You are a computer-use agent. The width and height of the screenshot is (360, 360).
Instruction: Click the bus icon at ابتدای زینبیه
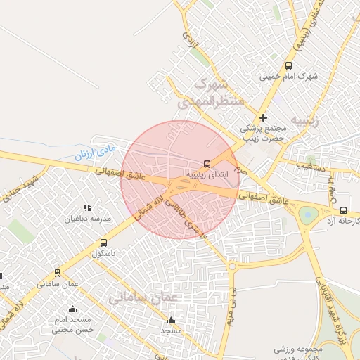[207, 160]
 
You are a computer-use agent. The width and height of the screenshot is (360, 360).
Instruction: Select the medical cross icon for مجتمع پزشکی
[263, 117]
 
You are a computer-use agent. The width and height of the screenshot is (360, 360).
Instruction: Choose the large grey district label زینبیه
[302, 120]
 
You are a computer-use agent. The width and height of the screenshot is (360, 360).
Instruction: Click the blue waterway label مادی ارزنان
[94, 152]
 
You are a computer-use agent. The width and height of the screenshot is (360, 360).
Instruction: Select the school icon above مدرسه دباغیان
[88, 207]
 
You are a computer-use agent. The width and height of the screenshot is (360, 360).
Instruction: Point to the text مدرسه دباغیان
[88, 219]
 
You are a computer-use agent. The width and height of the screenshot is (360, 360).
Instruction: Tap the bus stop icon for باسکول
[104, 243]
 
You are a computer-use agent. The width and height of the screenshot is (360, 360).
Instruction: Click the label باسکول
[103, 253]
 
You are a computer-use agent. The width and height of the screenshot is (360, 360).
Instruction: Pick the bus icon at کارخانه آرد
[342, 210]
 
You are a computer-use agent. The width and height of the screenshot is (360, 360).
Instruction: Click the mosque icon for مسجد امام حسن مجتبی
[72, 309]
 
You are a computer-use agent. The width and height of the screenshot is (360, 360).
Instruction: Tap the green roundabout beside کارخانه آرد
[307, 214]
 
